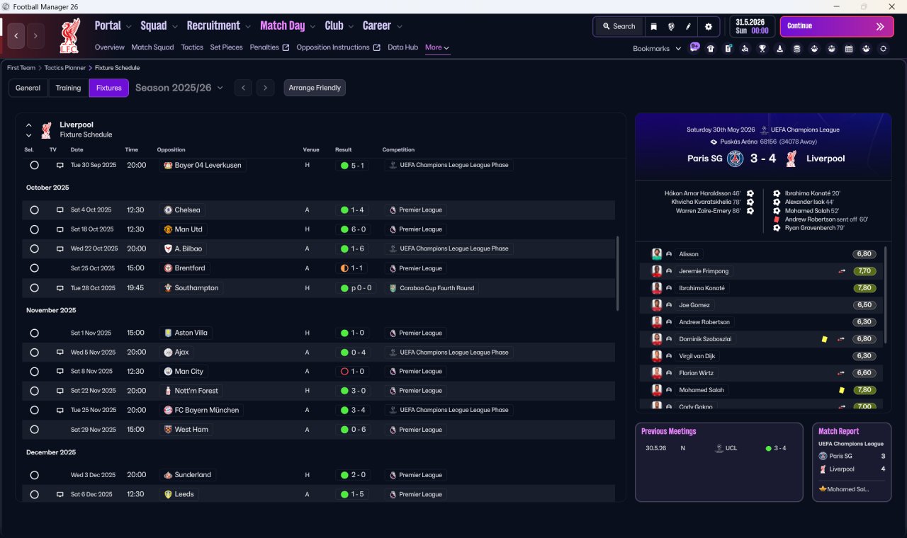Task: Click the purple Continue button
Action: [837, 26]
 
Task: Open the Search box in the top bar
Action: [619, 26]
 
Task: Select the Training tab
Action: [68, 88]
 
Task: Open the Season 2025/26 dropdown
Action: [179, 88]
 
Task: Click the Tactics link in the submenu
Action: [192, 47]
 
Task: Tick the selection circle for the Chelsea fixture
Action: [35, 210]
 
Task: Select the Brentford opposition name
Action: [190, 268]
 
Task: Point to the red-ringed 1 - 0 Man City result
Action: [353, 372]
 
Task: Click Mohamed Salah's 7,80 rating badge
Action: [864, 390]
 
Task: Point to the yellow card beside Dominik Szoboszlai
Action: [824, 339]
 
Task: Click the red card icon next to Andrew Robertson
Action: [777, 219]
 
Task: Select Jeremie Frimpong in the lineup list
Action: [704, 271]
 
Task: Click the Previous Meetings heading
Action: [668, 431]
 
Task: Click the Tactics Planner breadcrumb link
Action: [64, 68]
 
